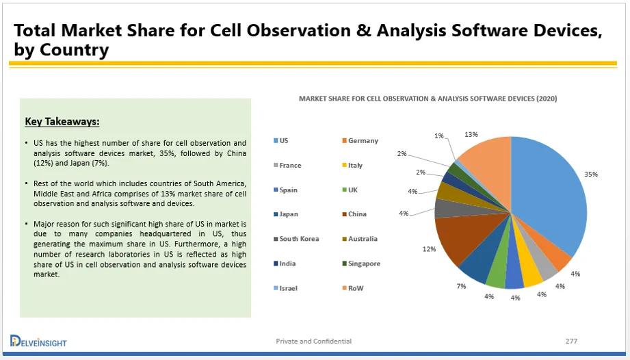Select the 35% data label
coord(590,175)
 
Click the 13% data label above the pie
coord(471,134)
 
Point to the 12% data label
coord(429,248)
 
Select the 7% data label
coord(461,286)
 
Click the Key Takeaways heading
coord(62,122)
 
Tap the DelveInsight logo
coord(38,341)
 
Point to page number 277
coord(571,341)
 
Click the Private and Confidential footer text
coord(314,341)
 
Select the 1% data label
coord(438,136)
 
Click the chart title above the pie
coord(428,99)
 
